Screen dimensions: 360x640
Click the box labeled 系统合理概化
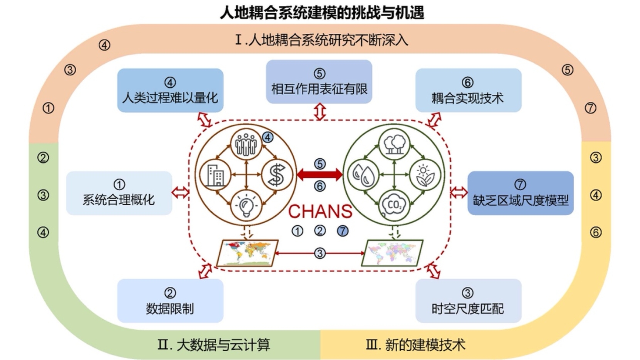[119, 193]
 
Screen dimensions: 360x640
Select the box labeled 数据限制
[170, 301]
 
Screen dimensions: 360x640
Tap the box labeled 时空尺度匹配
[468, 301]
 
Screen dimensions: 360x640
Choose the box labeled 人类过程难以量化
[170, 90]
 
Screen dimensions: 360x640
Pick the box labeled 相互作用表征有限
[319, 82]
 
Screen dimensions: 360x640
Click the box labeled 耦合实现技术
[468, 90]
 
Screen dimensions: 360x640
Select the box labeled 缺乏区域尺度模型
[520, 193]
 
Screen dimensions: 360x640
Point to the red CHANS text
[320, 212]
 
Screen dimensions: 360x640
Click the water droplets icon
[363, 174]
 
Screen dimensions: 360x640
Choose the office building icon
[216, 175]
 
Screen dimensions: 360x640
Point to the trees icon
[394, 144]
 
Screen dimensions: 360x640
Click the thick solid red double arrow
[320, 175]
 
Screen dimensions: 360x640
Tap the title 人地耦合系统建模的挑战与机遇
[322, 13]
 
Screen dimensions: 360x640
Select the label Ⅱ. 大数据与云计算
[214, 345]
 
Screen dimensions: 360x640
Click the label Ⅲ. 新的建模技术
[415, 345]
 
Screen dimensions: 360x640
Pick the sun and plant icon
[425, 175]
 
